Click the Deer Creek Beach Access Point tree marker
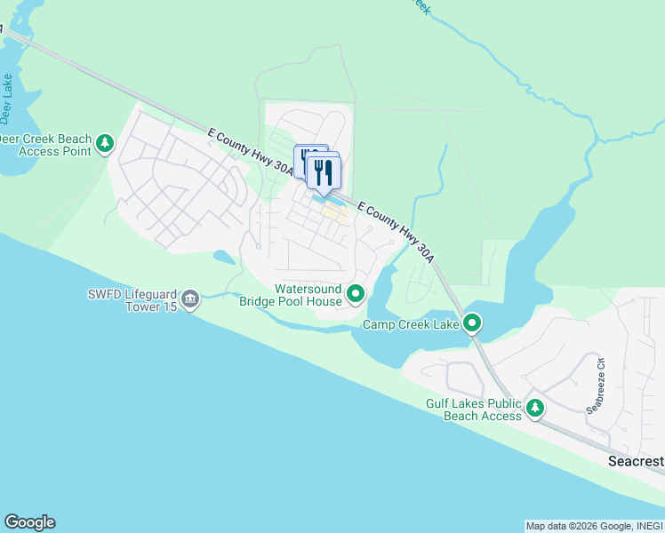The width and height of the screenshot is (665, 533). (105, 143)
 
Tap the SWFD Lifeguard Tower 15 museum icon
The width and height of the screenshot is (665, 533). (189, 300)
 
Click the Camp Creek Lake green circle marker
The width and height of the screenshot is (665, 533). (473, 324)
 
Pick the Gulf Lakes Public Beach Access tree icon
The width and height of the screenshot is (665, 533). (535, 409)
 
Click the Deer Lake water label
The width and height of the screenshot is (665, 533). (7, 98)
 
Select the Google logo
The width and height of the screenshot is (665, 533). (29, 522)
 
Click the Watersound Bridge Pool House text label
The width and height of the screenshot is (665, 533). (291, 295)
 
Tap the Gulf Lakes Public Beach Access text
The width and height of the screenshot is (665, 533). (473, 410)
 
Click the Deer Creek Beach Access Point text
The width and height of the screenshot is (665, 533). (44, 144)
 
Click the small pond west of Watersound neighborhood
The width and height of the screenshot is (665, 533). (224, 258)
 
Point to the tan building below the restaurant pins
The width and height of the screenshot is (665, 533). (334, 213)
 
